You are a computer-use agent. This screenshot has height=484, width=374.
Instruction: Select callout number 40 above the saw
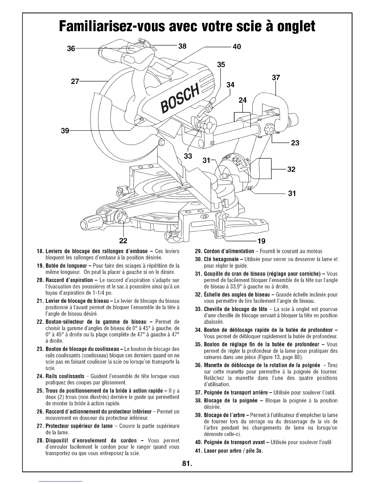pos(237,46)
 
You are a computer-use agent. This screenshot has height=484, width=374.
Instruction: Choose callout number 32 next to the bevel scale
pos(291,169)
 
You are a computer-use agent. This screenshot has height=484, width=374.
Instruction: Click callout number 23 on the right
pos(295,143)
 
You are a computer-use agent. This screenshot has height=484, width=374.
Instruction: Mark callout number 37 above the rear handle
pos(276,78)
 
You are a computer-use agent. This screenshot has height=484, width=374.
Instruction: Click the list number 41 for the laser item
pos(199,451)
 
